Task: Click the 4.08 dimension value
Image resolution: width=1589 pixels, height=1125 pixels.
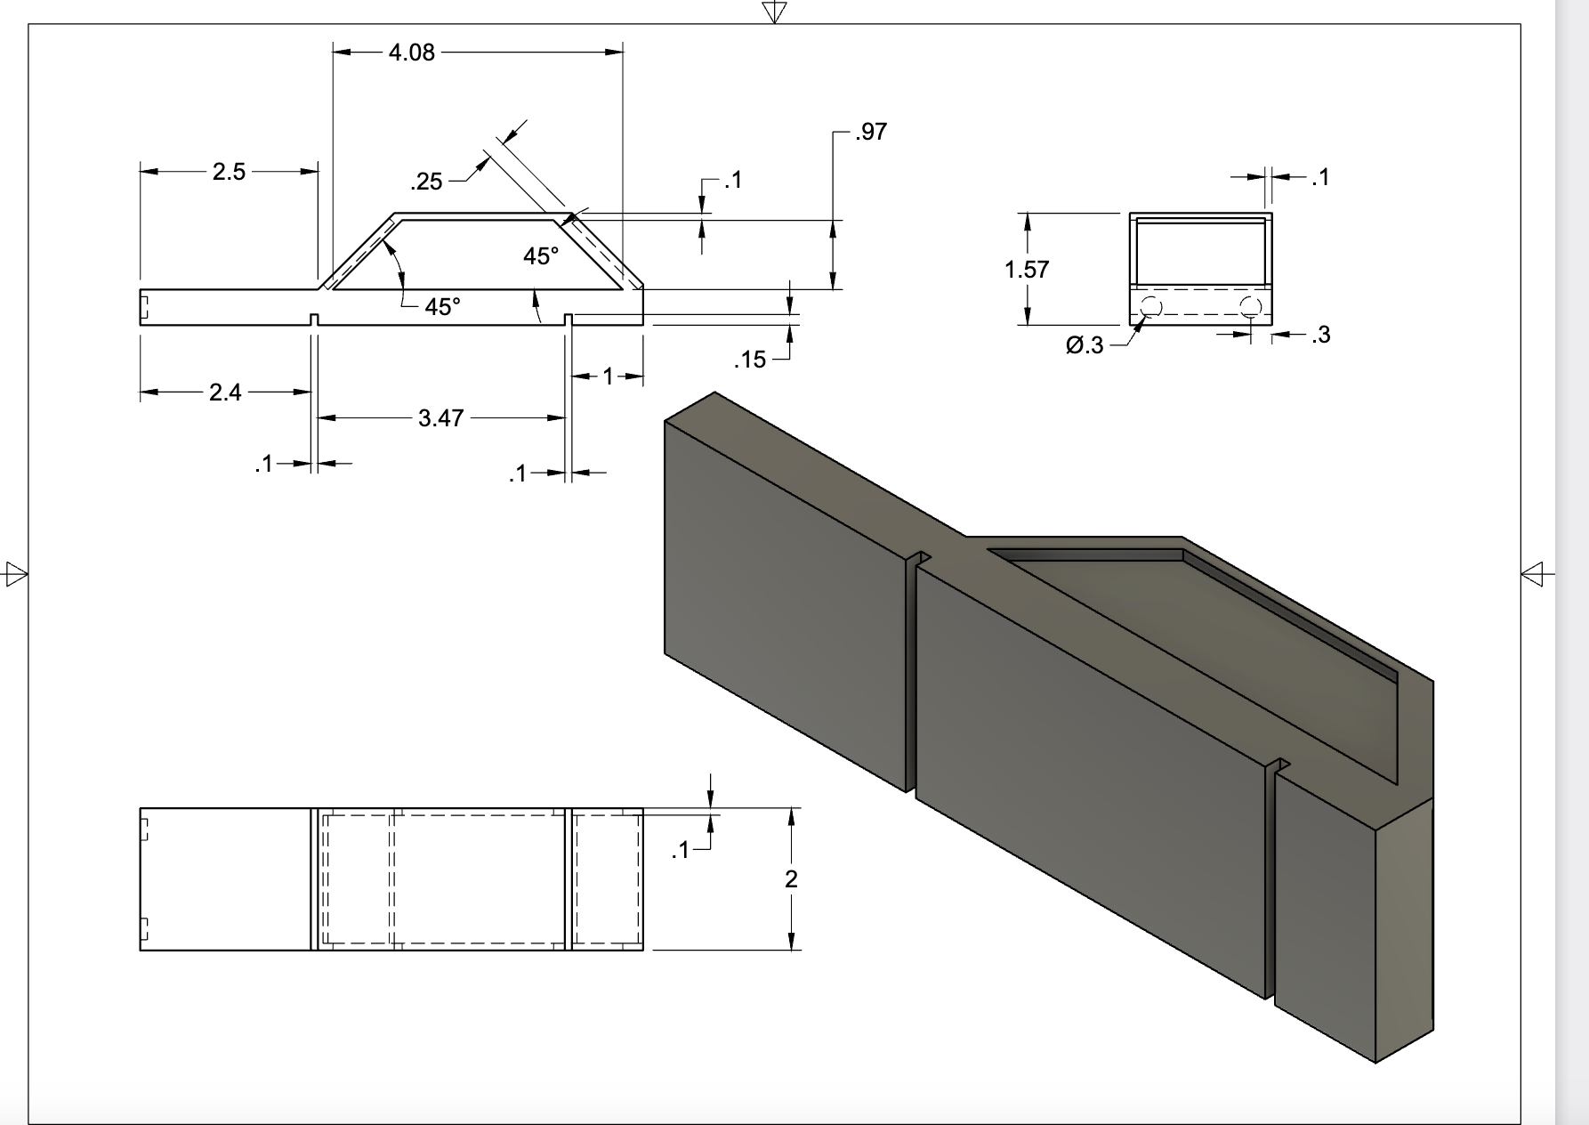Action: pos(412,53)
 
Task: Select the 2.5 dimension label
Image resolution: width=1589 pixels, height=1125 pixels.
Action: pos(229,172)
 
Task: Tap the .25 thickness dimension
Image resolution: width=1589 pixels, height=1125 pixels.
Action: pos(426,182)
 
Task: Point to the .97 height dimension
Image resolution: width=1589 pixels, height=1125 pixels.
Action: pos(870,132)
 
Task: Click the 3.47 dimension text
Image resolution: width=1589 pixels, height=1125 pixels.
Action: pos(440,417)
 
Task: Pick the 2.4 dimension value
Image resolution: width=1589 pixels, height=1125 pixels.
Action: pos(225,393)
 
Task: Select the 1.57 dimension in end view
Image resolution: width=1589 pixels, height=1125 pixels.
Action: pos(1027,270)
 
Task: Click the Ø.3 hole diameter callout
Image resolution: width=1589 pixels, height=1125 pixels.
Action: pos(1085,345)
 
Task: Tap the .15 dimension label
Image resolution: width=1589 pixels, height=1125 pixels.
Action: pos(750,360)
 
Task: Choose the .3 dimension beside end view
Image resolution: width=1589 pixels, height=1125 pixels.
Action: pos(1320,335)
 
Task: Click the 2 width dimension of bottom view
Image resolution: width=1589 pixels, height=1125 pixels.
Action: pos(791,879)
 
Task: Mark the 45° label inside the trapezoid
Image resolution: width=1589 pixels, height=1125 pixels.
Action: pos(541,256)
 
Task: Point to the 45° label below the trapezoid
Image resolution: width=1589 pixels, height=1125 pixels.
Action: pos(442,307)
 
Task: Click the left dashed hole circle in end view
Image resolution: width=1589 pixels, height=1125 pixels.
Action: pos(1150,308)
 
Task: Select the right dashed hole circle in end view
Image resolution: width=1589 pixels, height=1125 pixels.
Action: pos(1250,308)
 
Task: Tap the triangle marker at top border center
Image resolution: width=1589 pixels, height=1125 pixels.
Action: pos(774,12)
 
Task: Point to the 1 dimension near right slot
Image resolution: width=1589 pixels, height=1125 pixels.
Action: pos(608,376)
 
